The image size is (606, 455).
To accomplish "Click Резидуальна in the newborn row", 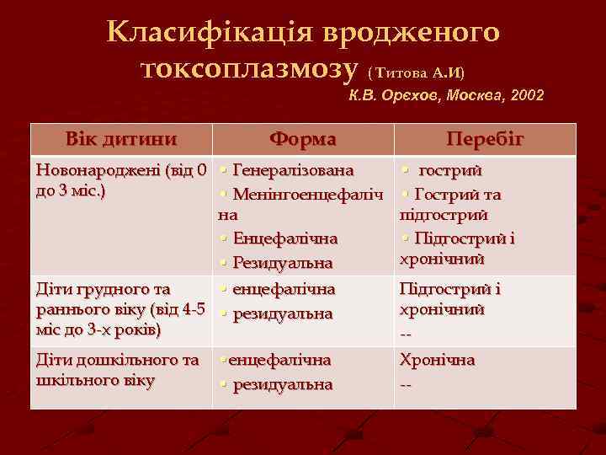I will click(x=283, y=263).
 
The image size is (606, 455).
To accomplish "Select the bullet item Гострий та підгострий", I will click(x=455, y=205).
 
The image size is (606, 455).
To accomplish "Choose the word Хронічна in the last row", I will click(x=437, y=360).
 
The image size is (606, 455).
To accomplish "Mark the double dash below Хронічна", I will click(x=406, y=385).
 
